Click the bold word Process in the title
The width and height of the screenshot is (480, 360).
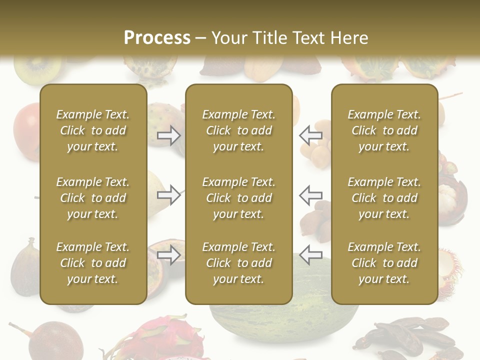pyautogui.click(x=157, y=37)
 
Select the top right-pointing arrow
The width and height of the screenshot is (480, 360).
pyautogui.click(x=168, y=135)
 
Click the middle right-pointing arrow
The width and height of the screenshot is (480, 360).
pyautogui.click(x=168, y=194)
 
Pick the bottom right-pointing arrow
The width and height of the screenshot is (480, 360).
pyautogui.click(x=168, y=254)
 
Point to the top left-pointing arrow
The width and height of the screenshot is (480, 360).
pyautogui.click(x=311, y=135)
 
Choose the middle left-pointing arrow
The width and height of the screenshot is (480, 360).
pyautogui.click(x=311, y=194)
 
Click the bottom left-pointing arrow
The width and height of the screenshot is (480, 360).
pyautogui.click(x=311, y=254)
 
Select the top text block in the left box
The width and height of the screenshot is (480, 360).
pyautogui.click(x=93, y=130)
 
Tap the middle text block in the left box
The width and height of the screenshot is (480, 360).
pyautogui.click(x=93, y=198)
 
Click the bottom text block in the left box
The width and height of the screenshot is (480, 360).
pyautogui.click(x=93, y=263)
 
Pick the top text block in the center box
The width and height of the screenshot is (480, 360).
pyautogui.click(x=239, y=130)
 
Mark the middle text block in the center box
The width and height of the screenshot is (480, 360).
pyautogui.click(x=239, y=198)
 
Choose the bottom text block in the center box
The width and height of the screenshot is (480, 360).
pyautogui.click(x=239, y=263)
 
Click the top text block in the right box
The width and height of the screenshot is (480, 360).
pyautogui.click(x=384, y=130)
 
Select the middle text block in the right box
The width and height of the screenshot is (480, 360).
pyautogui.click(x=384, y=198)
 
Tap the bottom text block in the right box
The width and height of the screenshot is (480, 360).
pyautogui.click(x=384, y=263)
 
